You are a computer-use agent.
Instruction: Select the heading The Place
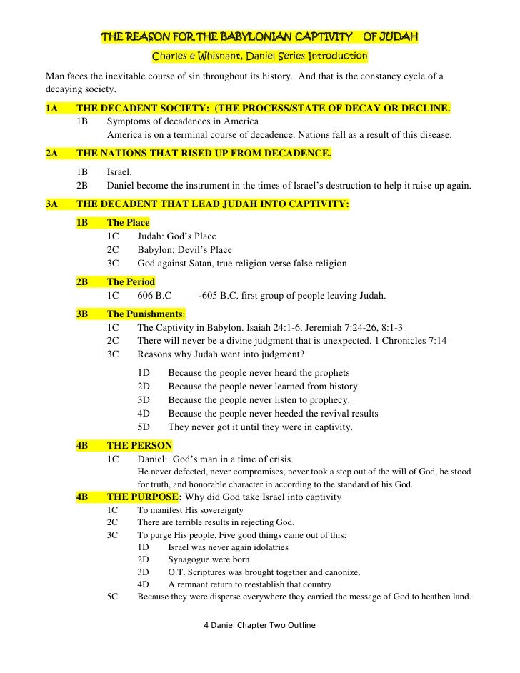click(x=128, y=223)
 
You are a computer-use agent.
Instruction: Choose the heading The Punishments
click(x=145, y=314)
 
